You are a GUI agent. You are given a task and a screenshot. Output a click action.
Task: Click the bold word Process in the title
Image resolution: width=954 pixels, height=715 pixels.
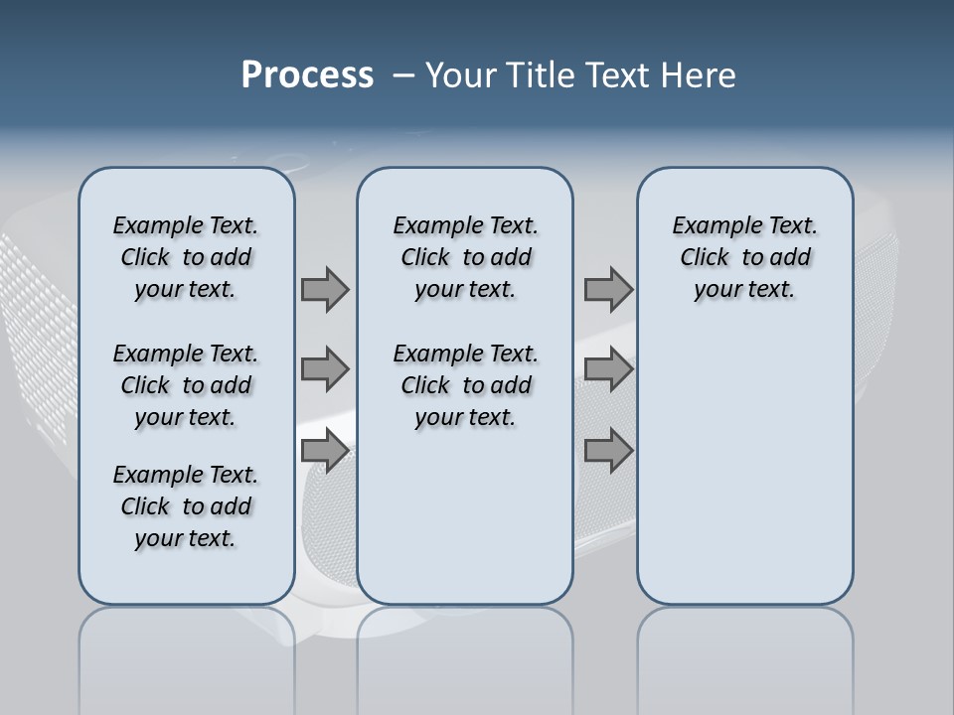pos(307,75)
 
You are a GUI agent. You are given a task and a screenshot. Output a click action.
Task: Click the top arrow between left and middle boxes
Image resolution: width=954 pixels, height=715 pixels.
pos(325,290)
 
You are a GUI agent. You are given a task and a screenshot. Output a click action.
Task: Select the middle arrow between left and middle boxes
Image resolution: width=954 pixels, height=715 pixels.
pos(325,370)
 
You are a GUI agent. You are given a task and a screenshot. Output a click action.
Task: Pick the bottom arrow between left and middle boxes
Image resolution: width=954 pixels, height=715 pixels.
pos(325,451)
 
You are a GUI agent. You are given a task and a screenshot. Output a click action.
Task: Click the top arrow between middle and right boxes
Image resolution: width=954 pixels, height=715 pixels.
pos(608,290)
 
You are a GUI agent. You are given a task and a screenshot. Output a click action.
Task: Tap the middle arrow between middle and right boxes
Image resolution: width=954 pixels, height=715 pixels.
pos(608,370)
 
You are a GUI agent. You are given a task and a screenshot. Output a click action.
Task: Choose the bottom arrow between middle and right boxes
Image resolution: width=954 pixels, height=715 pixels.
pos(608,451)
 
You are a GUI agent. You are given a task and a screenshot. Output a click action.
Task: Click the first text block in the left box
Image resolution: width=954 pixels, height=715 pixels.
pos(186,257)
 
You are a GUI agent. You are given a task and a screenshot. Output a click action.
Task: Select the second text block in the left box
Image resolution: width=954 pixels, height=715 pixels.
pos(186,385)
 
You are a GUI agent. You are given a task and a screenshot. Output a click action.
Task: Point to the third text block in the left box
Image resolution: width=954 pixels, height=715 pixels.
pos(186,506)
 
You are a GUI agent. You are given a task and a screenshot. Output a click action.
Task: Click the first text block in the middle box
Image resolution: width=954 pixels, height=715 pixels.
pos(465,257)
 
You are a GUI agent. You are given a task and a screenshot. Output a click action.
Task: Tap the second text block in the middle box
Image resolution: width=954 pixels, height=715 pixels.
pos(465,385)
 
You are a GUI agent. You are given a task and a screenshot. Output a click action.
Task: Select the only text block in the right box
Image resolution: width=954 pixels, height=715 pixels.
pos(744,257)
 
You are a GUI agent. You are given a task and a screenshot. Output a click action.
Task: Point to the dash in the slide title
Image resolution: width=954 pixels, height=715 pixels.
pos(403,75)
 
